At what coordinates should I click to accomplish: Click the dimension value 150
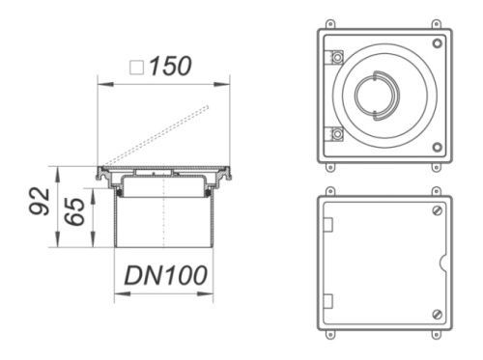coord(170,67)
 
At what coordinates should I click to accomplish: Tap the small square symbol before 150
coord(136,68)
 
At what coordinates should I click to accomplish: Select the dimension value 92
coord(40,201)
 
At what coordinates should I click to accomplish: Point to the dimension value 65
coord(74,211)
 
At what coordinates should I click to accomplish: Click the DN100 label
coord(165,275)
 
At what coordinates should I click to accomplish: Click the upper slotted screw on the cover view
coord(437,210)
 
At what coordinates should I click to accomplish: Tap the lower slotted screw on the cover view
coord(437,315)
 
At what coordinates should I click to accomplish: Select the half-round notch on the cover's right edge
coord(443,263)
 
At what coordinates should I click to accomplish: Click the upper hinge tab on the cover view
coord(328,225)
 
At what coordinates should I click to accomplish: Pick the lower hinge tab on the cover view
coord(328,301)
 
